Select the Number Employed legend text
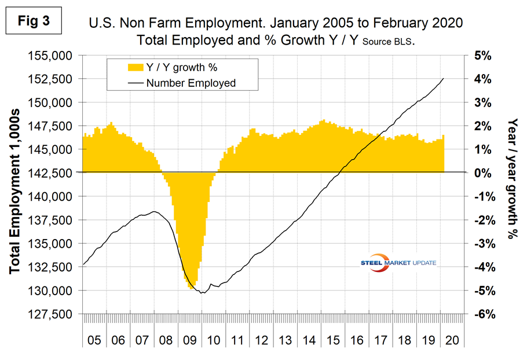(x=191, y=83)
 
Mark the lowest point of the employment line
(x=202, y=293)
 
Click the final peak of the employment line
(x=444, y=78)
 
